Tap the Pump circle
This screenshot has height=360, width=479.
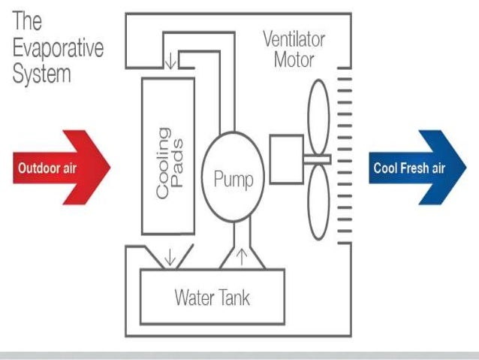[233, 179]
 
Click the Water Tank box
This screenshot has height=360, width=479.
[213, 297]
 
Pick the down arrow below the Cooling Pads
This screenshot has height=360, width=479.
[170, 257]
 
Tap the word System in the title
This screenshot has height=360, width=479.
[41, 74]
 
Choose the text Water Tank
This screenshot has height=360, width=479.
[212, 298]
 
